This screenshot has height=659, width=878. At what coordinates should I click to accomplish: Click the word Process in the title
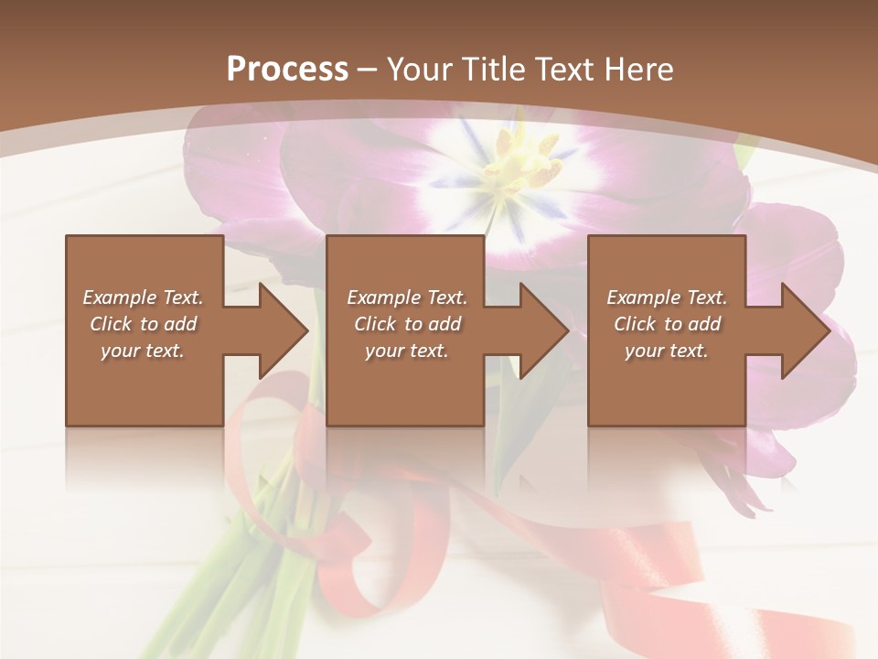(x=287, y=70)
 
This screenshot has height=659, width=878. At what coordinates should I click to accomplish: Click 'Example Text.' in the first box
(x=143, y=297)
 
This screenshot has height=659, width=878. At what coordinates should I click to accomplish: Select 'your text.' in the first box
(x=143, y=351)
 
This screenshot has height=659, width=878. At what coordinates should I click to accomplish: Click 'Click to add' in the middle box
(x=407, y=324)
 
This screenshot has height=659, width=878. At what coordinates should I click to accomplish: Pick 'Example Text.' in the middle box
(x=407, y=297)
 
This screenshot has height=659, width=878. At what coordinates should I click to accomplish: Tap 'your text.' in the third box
(x=667, y=351)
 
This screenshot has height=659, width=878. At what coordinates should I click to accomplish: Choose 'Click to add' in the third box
(x=667, y=324)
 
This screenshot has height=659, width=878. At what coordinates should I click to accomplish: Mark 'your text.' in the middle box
(x=407, y=351)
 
